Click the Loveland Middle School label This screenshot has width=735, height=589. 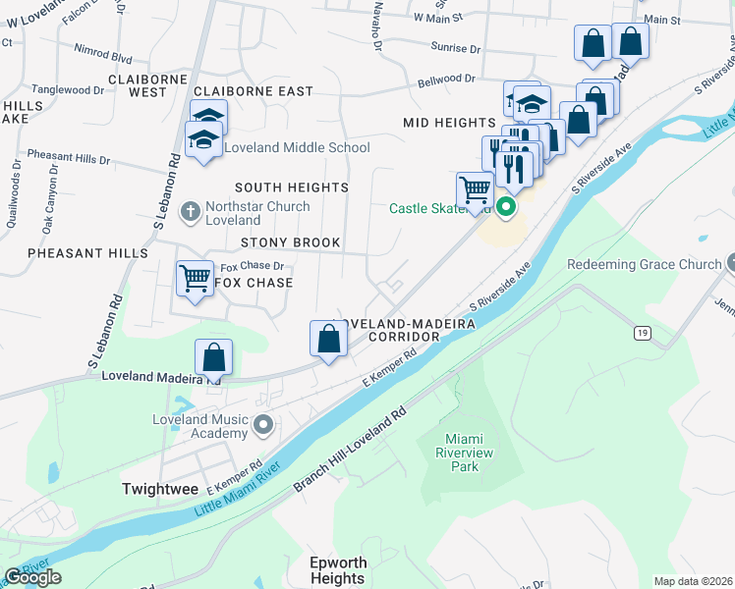(297, 147)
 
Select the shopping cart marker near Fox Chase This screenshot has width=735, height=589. (196, 279)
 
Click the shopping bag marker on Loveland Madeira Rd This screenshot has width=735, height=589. (213, 357)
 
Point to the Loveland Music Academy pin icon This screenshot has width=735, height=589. (262, 425)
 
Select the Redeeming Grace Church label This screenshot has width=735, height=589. (644, 265)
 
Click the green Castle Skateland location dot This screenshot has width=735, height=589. (506, 207)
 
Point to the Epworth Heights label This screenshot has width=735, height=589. (337, 570)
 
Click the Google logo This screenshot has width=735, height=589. (32, 577)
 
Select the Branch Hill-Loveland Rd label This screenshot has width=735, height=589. (349, 451)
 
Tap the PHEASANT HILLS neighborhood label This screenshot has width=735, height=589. (87, 253)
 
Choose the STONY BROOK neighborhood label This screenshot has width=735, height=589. (291, 242)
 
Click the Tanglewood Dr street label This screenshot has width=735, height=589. (67, 89)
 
